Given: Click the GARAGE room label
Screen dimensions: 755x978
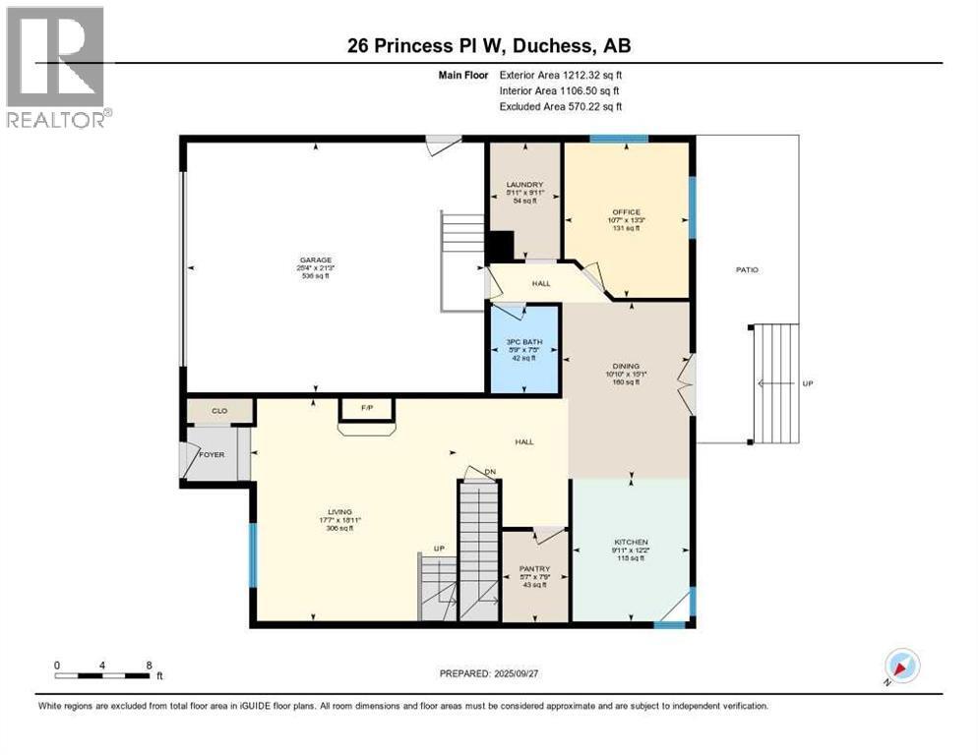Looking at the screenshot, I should pyautogui.click(x=315, y=261).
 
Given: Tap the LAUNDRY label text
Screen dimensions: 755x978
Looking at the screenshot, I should pyautogui.click(x=524, y=185).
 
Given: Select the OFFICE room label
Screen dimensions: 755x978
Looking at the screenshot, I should pyautogui.click(x=625, y=212).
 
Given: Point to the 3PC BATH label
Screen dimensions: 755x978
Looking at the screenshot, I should pyautogui.click(x=524, y=341).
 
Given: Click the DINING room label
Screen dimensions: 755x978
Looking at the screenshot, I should pyautogui.click(x=625, y=366).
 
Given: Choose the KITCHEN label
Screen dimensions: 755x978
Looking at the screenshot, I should pyautogui.click(x=630, y=542).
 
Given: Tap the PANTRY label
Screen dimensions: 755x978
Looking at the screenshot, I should pyautogui.click(x=534, y=569).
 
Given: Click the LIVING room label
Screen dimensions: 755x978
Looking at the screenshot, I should pyautogui.click(x=339, y=511).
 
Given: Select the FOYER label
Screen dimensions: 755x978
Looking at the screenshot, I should pyautogui.click(x=213, y=455).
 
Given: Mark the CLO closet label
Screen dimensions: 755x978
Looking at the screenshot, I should pyautogui.click(x=219, y=411).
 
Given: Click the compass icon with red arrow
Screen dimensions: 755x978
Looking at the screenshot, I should pyautogui.click(x=901, y=667).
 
